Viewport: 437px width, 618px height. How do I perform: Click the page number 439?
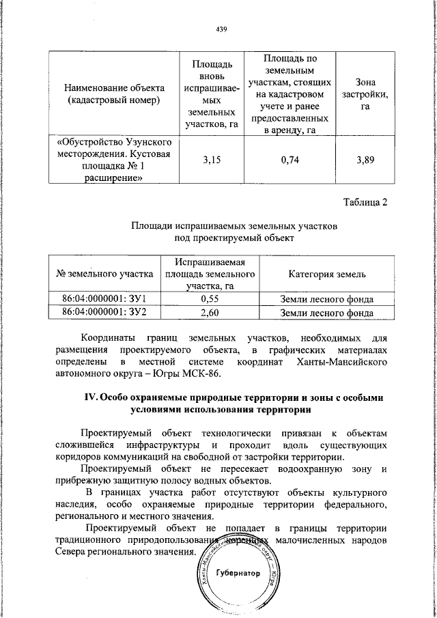[221, 29]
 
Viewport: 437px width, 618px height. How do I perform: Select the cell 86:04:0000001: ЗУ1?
[105, 298]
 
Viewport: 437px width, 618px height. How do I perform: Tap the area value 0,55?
[210, 298]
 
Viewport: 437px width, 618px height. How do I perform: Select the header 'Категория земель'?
[327, 275]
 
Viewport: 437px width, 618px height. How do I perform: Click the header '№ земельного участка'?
[105, 275]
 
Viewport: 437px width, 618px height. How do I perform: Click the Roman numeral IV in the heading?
[90, 398]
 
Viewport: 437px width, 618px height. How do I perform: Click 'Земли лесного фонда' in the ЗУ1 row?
[327, 298]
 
